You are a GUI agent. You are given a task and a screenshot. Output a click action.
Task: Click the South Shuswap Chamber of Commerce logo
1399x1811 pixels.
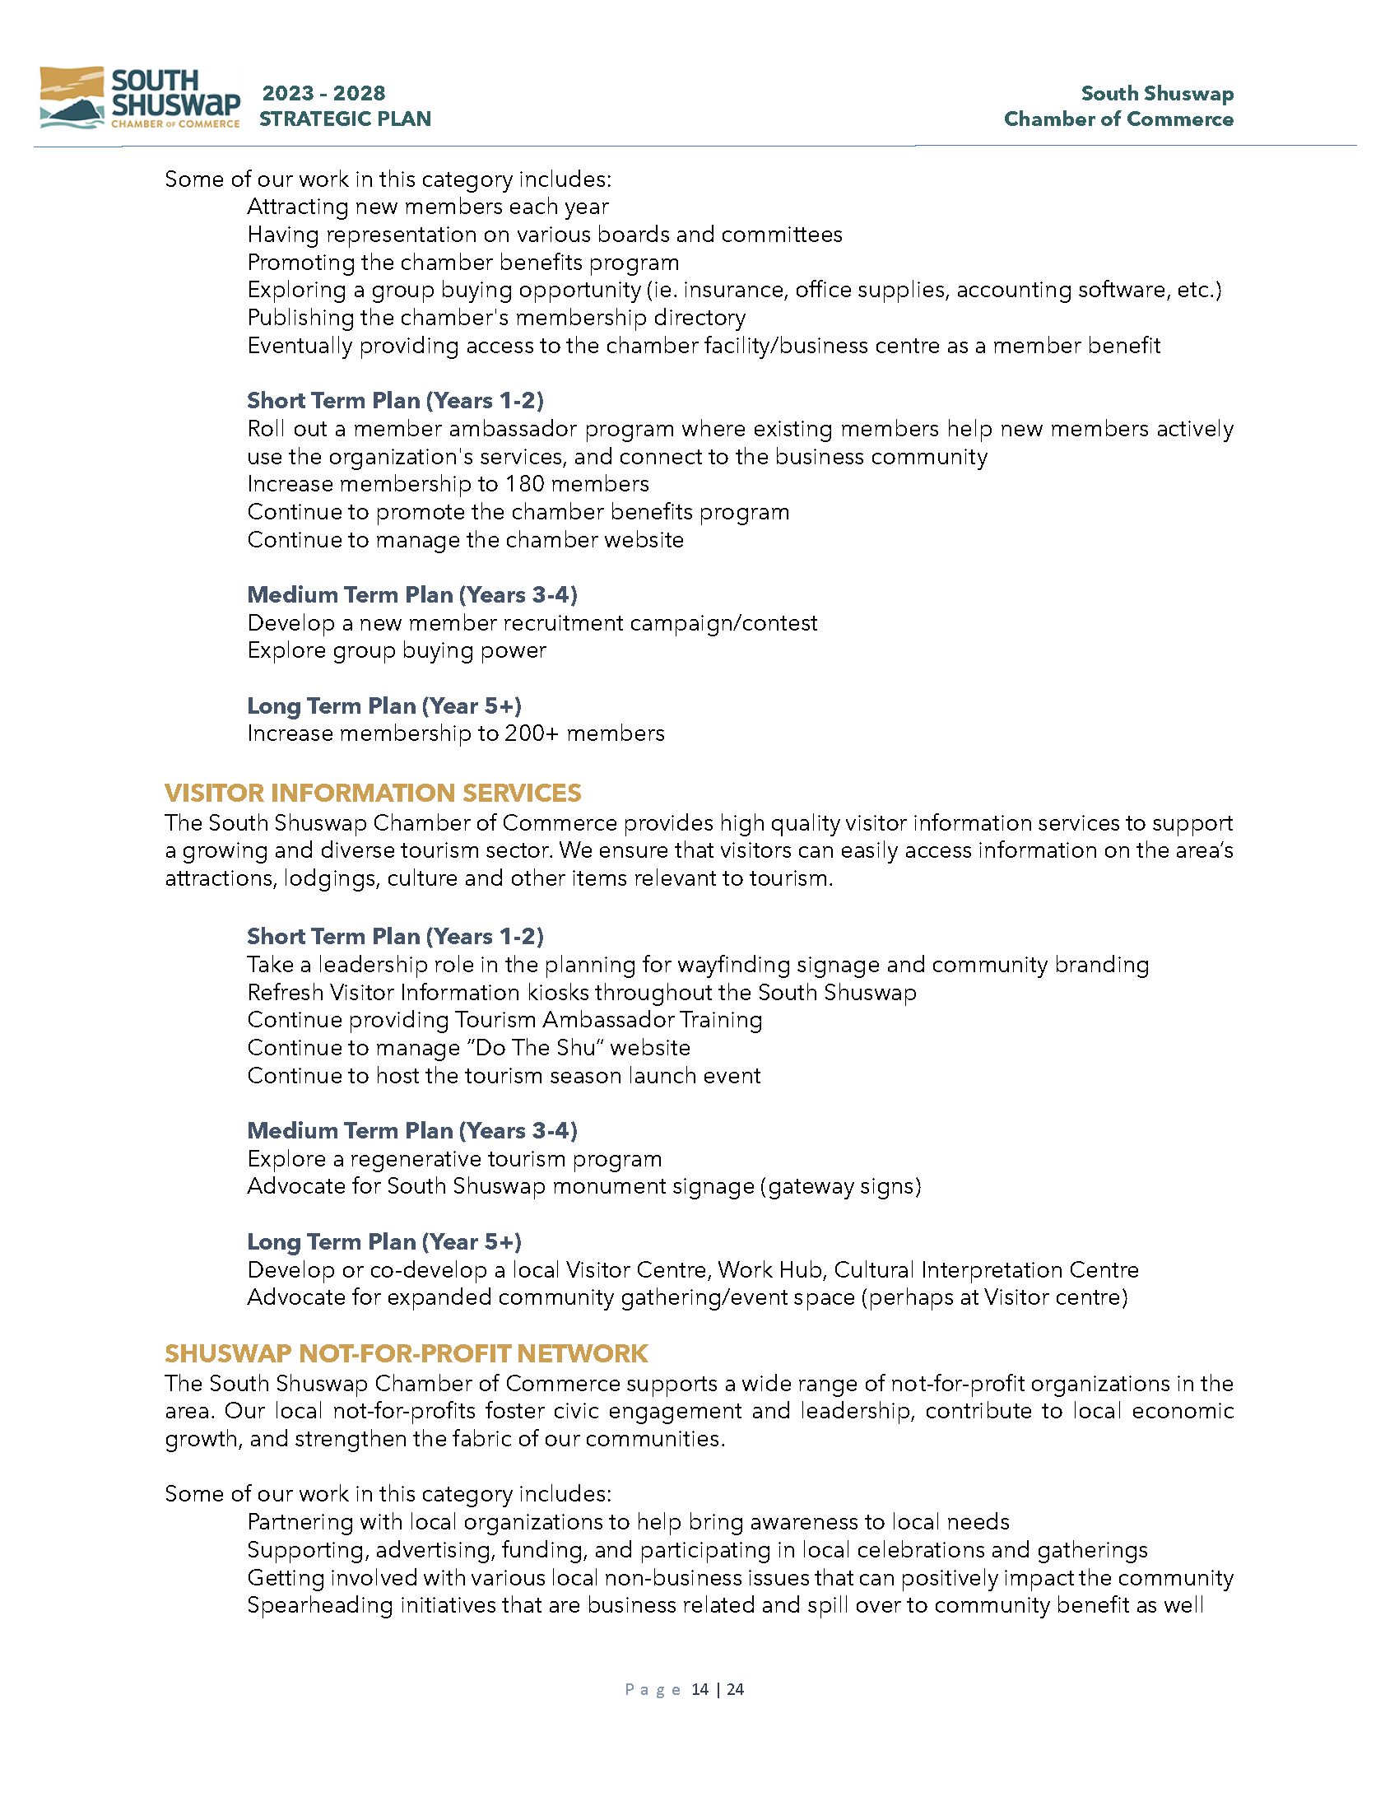(x=139, y=98)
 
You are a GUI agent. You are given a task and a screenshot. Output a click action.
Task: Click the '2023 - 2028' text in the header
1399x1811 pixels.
(x=324, y=93)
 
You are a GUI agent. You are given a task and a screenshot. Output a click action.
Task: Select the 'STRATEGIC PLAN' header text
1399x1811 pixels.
(x=345, y=119)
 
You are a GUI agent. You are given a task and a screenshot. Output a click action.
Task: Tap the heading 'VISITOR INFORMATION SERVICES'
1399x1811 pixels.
(x=372, y=793)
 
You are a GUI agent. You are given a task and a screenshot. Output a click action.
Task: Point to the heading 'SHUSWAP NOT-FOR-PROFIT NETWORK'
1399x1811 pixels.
(x=405, y=1353)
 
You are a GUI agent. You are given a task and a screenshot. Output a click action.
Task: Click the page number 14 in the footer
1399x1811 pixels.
(x=699, y=1689)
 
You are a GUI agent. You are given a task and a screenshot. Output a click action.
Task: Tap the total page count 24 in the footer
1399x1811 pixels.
(x=735, y=1689)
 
